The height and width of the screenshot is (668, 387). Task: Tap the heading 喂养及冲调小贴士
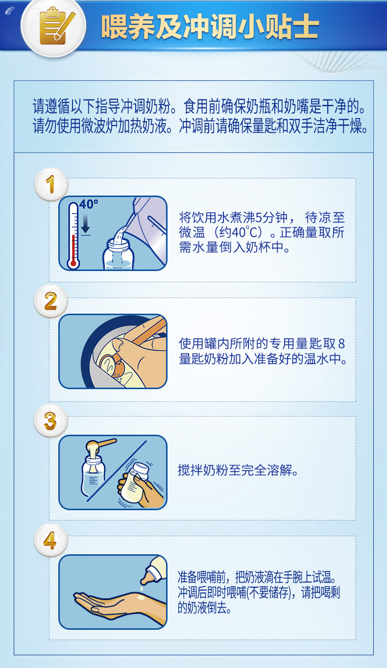pos(210,26)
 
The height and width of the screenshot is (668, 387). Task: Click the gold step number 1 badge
pos(51,184)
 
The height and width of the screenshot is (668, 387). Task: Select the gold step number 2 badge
pos(50,301)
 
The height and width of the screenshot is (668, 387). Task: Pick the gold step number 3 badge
pos(50,421)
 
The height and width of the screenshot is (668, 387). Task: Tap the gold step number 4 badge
pos(50,540)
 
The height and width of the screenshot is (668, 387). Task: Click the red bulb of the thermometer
pos(73,263)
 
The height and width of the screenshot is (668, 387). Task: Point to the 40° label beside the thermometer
pos(89,204)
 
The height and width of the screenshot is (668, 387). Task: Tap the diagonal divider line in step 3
pos(117,471)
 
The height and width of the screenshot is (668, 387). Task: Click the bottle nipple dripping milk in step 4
pos(153,571)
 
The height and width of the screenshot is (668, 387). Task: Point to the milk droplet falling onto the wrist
pos(142,589)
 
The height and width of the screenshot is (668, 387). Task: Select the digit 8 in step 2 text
pos(341,344)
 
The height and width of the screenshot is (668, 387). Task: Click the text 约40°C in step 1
pos(241,232)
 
